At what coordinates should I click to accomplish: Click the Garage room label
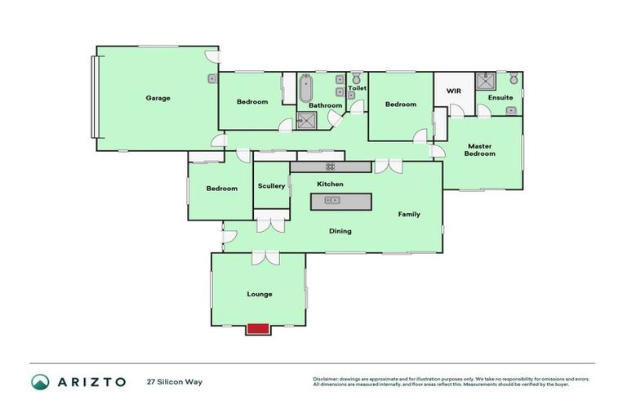click(x=158, y=98)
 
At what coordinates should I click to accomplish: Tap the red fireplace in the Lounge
click(x=258, y=328)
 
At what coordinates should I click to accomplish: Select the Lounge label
click(x=259, y=294)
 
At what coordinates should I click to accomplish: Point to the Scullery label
click(x=271, y=186)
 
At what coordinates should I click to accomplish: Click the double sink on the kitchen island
click(x=332, y=200)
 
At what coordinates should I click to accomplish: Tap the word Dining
click(x=340, y=231)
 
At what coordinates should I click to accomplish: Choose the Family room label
click(x=409, y=215)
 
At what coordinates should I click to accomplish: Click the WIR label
click(x=454, y=91)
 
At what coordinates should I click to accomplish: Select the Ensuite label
click(x=500, y=98)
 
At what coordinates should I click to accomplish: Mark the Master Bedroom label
click(x=480, y=150)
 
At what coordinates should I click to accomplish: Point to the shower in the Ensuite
click(x=487, y=80)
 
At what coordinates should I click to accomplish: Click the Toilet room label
click(x=357, y=88)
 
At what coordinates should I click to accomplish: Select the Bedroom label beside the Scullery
click(x=221, y=189)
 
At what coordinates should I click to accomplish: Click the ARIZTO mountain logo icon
click(x=40, y=381)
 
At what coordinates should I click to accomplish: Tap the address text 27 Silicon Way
click(x=174, y=381)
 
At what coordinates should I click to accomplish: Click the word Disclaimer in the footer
click(x=328, y=379)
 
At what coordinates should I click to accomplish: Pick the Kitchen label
click(x=330, y=185)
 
